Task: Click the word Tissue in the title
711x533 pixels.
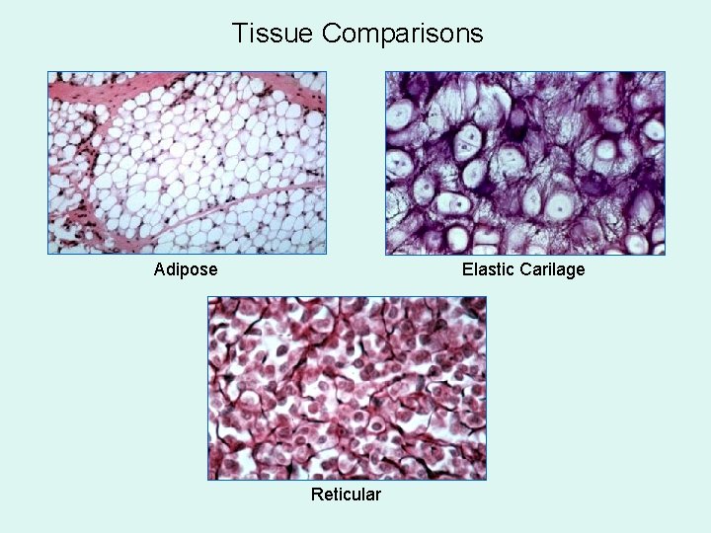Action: pyautogui.click(x=274, y=34)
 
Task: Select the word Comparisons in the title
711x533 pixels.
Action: pyautogui.click(x=403, y=35)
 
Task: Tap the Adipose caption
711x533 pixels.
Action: pyautogui.click(x=186, y=269)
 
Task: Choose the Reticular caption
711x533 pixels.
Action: pyautogui.click(x=346, y=494)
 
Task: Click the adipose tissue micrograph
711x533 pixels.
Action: pyautogui.click(x=188, y=163)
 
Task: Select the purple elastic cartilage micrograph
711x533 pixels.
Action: pyautogui.click(x=524, y=163)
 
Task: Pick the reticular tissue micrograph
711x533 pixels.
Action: pyautogui.click(x=347, y=388)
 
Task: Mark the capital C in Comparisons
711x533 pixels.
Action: pyautogui.click(x=332, y=34)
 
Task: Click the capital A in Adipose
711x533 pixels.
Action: pyautogui.click(x=160, y=269)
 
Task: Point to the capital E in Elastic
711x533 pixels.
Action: pyautogui.click(x=467, y=269)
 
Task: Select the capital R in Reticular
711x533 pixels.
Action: pyautogui.click(x=316, y=494)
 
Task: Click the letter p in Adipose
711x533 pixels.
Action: pyautogui.click(x=185, y=271)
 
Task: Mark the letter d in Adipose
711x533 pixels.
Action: pyautogui.click(x=171, y=269)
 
